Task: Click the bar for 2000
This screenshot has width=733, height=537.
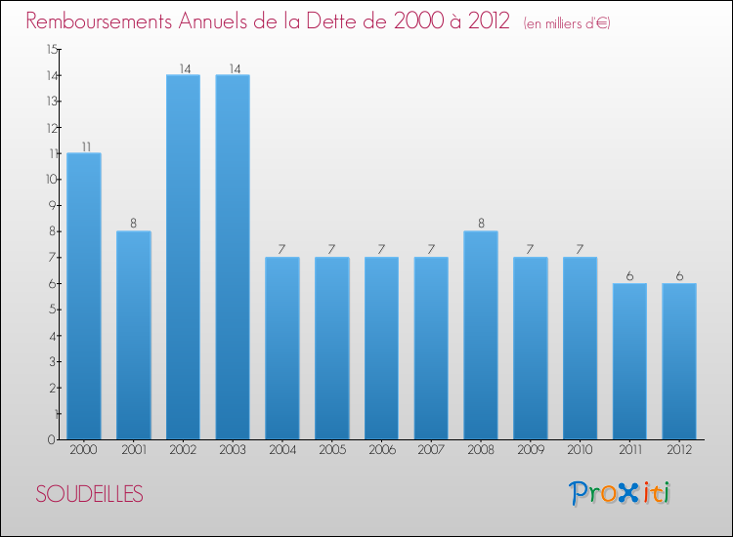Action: click(x=83, y=296)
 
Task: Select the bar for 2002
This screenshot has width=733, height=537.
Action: click(x=183, y=257)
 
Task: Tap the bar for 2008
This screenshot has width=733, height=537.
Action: click(x=481, y=335)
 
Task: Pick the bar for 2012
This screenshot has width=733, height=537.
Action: click(x=679, y=361)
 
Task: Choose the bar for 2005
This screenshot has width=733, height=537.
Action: click(x=331, y=348)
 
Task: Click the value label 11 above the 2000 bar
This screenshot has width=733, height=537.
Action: click(x=85, y=146)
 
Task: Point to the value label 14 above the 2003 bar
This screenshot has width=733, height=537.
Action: click(x=234, y=68)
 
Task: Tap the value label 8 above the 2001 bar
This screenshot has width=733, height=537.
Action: click(x=134, y=225)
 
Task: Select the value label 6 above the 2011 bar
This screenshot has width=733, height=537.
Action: click(x=630, y=276)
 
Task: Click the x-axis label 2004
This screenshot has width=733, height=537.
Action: click(x=281, y=450)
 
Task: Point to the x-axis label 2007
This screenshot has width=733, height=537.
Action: click(x=431, y=450)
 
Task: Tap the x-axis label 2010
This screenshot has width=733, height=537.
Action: click(x=580, y=450)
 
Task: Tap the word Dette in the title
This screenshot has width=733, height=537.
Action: click(x=344, y=21)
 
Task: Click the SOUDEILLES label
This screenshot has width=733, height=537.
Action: click(x=90, y=495)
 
